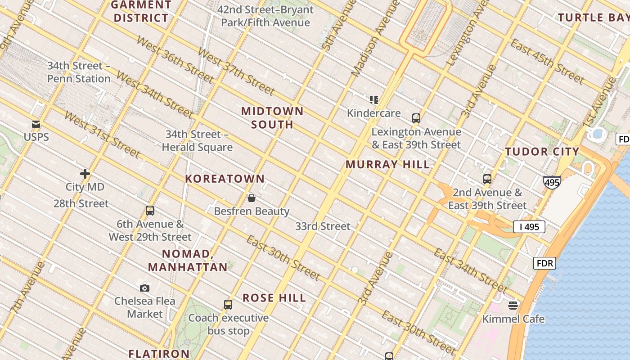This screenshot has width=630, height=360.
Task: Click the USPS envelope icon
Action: (36, 124)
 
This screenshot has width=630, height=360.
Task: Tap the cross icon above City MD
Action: (85, 174)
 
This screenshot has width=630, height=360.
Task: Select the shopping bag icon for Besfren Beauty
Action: (252, 198)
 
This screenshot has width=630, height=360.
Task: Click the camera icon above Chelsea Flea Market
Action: (144, 288)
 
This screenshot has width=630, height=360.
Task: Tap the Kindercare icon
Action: (373, 100)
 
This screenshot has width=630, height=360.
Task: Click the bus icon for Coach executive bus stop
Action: (228, 305)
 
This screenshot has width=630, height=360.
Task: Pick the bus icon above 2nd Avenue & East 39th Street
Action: (487, 179)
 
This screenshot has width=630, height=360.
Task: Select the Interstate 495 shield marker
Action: (552, 182)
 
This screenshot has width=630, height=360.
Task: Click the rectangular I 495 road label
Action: (529, 227)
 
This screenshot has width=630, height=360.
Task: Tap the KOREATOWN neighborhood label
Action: (225, 179)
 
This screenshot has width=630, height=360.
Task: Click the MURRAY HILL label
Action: (387, 165)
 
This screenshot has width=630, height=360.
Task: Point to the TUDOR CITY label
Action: (542, 152)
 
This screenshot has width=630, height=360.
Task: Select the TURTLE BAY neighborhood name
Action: (593, 18)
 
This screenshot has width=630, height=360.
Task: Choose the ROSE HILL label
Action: (274, 298)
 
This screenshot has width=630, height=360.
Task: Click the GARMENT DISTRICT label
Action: (141, 12)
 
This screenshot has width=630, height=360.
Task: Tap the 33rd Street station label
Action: (322, 226)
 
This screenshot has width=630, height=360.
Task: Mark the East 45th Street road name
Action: (547, 62)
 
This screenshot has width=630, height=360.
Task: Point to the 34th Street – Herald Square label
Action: (197, 140)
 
